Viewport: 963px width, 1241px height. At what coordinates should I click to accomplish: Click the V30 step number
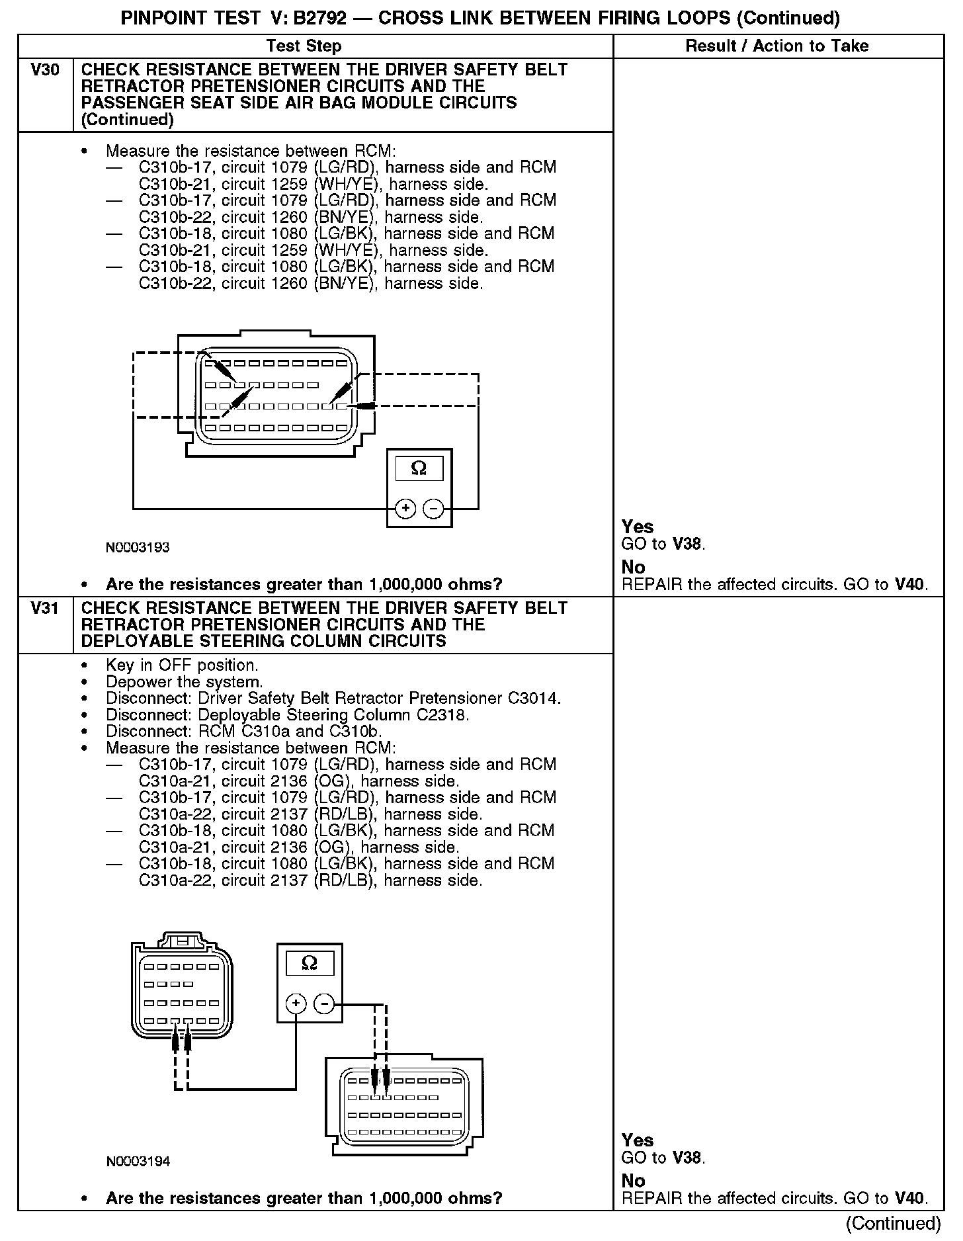(x=45, y=70)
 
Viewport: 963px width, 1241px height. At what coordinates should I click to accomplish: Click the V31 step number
(x=45, y=608)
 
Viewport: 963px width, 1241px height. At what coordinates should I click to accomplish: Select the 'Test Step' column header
(x=304, y=46)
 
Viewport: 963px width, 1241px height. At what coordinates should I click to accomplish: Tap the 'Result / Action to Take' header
(x=777, y=46)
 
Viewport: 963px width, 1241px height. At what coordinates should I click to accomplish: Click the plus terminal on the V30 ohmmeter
(x=405, y=509)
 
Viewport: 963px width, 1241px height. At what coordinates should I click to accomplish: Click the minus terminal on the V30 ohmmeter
(x=433, y=509)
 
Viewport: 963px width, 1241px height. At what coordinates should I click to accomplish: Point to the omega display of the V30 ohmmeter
(x=419, y=468)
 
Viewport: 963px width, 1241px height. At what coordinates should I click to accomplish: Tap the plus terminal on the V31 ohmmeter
(x=296, y=1004)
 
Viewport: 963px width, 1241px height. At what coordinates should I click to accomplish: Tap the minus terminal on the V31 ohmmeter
(x=324, y=1004)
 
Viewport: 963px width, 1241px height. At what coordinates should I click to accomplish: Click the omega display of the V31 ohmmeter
(x=310, y=963)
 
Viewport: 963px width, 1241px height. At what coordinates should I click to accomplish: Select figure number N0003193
(x=138, y=548)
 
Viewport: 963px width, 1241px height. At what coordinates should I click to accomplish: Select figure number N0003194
(x=138, y=1162)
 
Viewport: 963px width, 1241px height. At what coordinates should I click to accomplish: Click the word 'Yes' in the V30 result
(x=638, y=527)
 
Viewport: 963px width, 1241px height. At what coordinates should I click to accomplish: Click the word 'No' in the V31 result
(x=633, y=1181)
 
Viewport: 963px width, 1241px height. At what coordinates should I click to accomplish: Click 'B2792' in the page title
(x=319, y=18)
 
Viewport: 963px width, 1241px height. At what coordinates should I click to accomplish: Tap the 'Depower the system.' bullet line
(x=184, y=682)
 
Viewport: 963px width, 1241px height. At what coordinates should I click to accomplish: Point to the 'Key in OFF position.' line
(x=182, y=665)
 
